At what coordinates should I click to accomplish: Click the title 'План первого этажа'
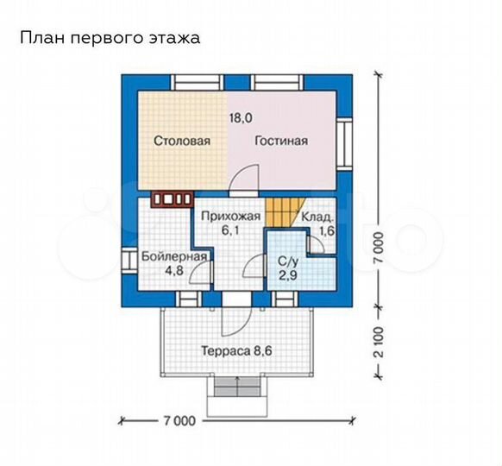coord(109,38)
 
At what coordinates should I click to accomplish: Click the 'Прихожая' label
coord(226,217)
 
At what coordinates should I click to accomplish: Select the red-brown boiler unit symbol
coord(172,200)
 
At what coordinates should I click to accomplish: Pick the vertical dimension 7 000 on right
coord(380,250)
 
